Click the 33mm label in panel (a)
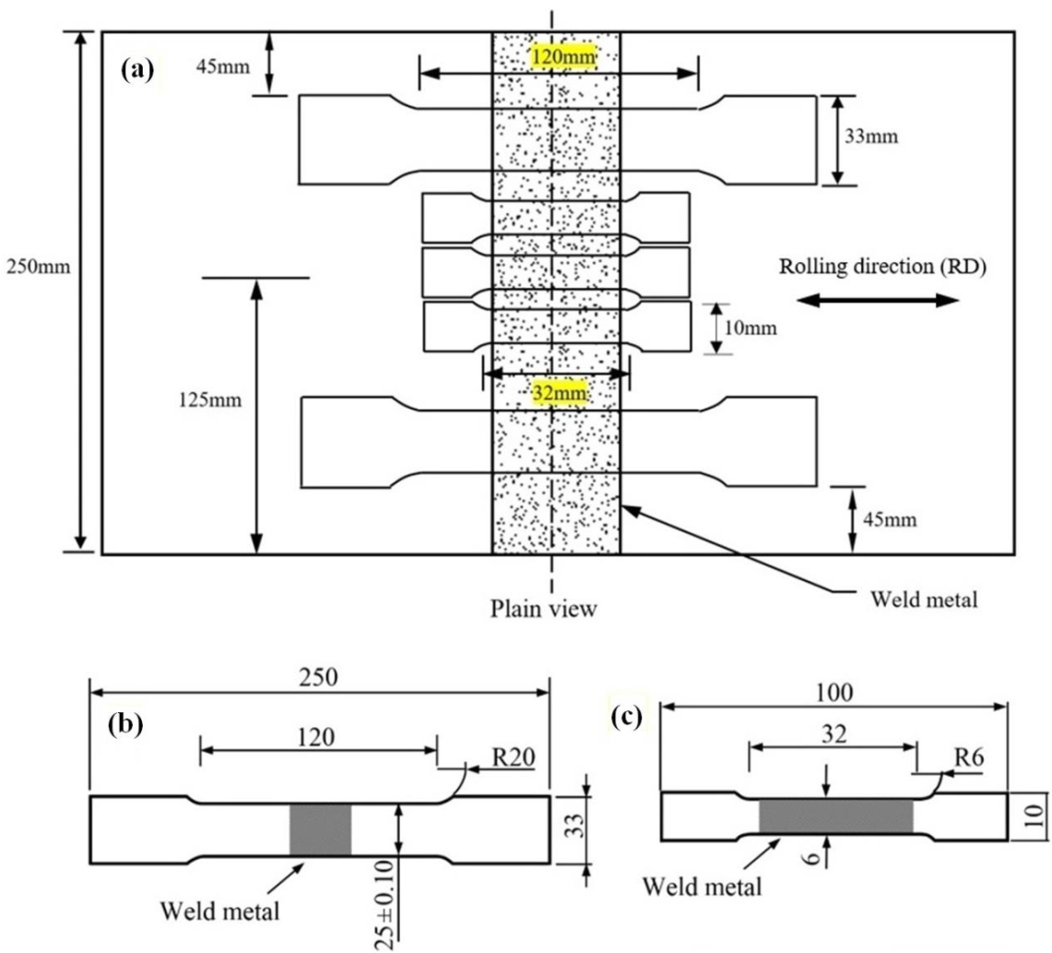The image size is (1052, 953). pos(870,137)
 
